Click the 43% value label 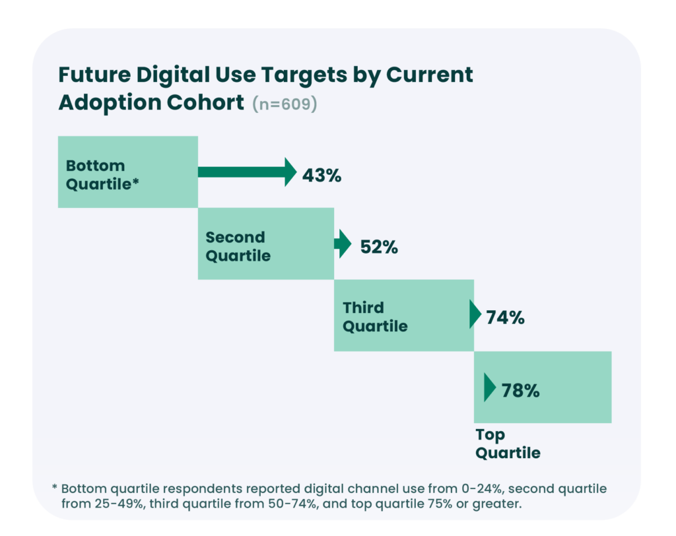[321, 176]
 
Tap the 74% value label [505, 318]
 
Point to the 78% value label [520, 390]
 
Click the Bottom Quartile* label [102, 175]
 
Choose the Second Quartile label [238, 246]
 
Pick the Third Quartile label [375, 317]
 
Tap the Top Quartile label [508, 444]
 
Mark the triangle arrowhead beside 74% [475, 315]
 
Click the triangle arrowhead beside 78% [489, 388]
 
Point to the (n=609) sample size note [285, 105]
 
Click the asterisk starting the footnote [55, 488]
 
